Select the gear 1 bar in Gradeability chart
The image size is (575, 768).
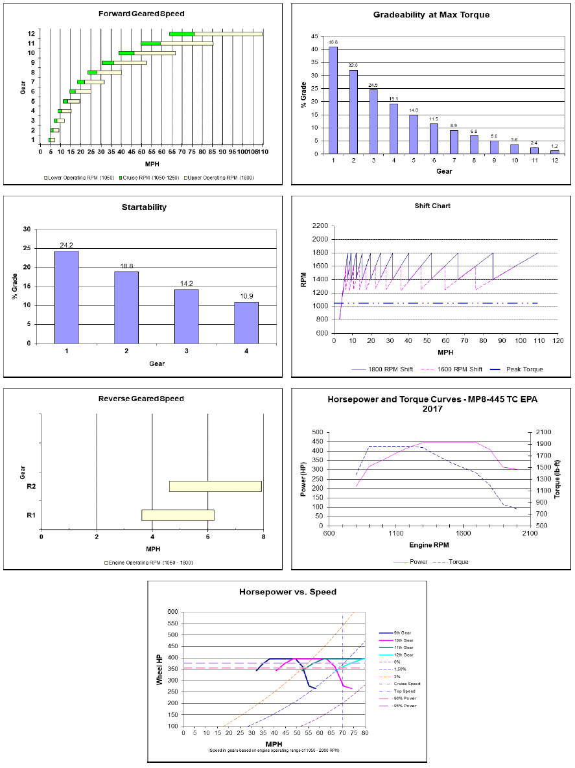click(333, 100)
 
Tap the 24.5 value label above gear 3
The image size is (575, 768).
click(373, 85)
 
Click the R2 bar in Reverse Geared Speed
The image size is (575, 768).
click(215, 486)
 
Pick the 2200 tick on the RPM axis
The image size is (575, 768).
click(320, 226)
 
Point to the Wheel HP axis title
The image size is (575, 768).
click(159, 668)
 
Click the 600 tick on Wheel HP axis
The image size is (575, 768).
click(172, 611)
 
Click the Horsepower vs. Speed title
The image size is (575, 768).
click(287, 592)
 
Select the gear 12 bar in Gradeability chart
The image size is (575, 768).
click(554, 152)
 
